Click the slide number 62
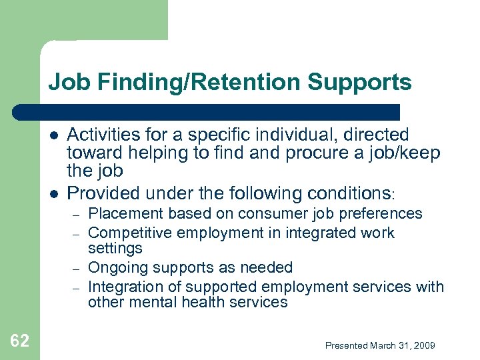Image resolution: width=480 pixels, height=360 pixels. tap(20, 341)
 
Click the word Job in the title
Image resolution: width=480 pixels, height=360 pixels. tap(65, 83)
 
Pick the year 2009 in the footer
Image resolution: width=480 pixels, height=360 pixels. tap(424, 345)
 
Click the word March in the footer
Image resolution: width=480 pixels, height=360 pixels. tap(382, 345)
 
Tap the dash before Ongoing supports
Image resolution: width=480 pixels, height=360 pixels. tap(76, 269)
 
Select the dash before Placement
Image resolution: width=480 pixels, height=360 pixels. tap(76, 215)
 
